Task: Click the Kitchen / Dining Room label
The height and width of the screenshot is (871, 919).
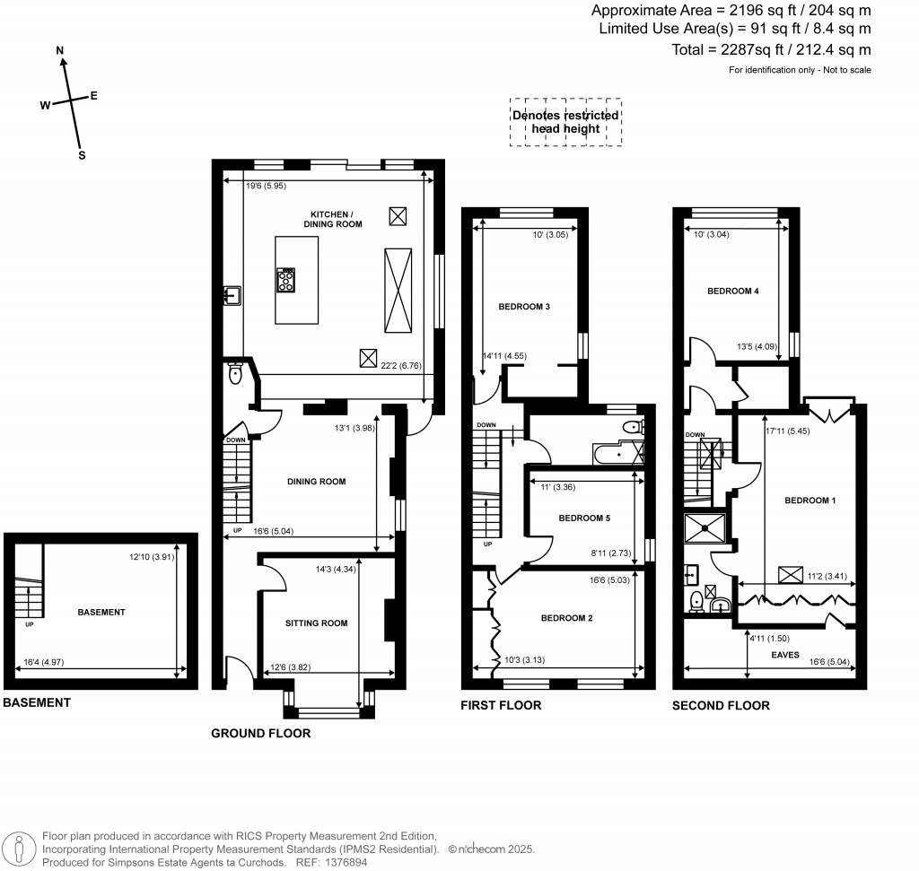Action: [336, 219]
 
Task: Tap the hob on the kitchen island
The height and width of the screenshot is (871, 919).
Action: [287, 281]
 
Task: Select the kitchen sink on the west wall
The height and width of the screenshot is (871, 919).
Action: [232, 295]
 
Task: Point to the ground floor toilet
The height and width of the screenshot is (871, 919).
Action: [236, 374]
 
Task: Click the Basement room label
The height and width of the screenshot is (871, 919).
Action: [101, 613]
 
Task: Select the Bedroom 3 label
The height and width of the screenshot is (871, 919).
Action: [523, 307]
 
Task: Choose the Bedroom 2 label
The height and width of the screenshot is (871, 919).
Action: [566, 618]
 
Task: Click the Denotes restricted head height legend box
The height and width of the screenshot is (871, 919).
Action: [565, 122]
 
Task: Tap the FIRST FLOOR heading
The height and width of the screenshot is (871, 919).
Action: [500, 705]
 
